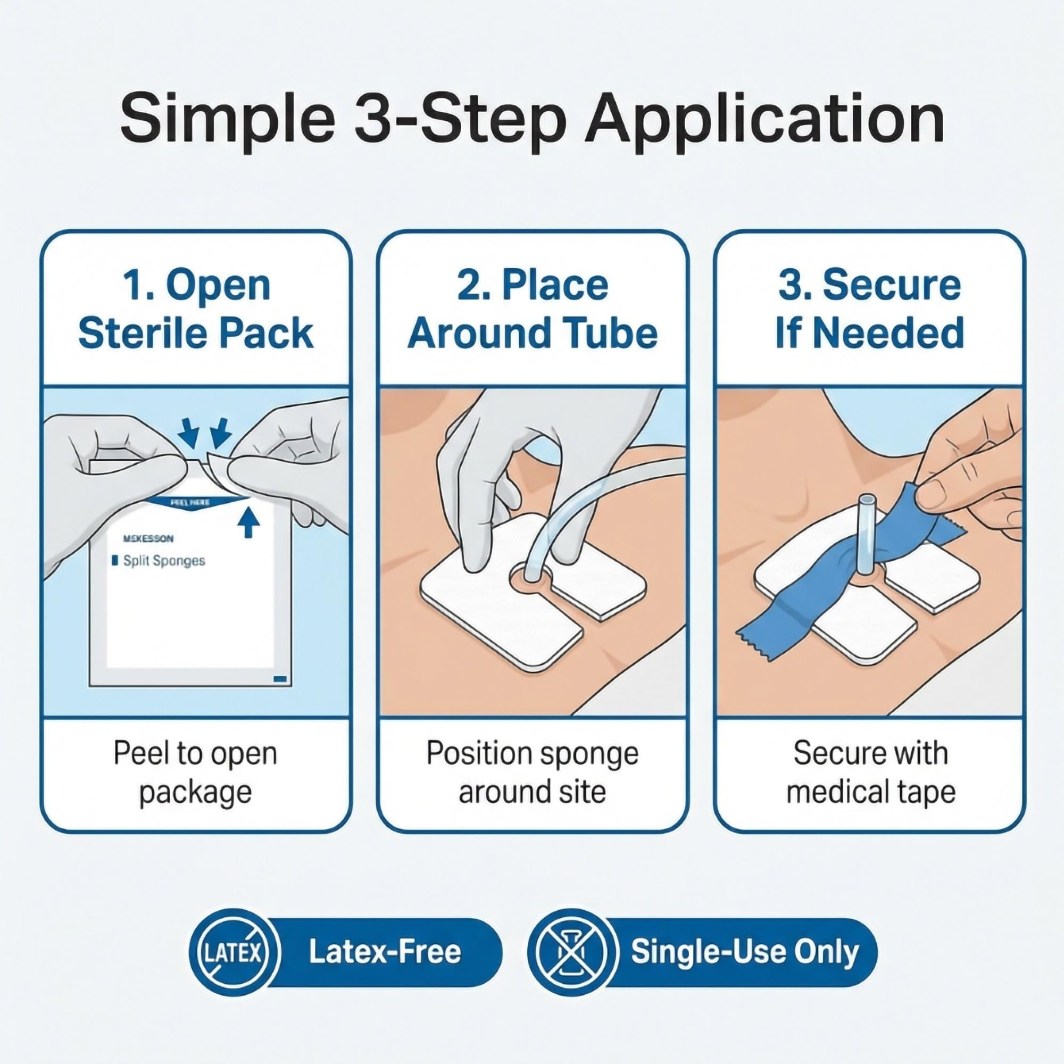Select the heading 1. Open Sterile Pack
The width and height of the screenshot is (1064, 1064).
tap(196, 310)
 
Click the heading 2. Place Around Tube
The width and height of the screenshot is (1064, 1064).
tap(533, 310)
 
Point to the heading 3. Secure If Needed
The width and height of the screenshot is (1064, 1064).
tap(870, 310)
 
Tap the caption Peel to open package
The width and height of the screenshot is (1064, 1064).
tap(195, 772)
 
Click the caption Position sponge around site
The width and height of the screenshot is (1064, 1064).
tap(533, 772)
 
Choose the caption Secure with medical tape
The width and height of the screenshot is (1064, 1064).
tap(870, 772)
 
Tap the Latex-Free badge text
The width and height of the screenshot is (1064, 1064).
tap(385, 952)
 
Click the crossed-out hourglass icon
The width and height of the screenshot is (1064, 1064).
tap(571, 952)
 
